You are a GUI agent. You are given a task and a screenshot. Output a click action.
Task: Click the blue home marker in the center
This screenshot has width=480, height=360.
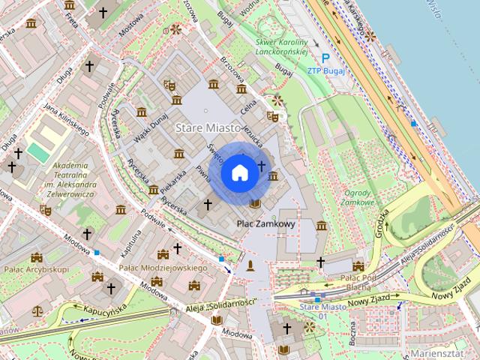click(239, 173)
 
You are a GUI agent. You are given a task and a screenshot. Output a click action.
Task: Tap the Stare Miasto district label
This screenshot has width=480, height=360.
click(208, 128)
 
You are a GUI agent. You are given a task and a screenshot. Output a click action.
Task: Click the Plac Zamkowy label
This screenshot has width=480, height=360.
click(265, 223)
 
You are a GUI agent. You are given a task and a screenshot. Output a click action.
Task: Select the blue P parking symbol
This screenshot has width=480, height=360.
click(325, 58)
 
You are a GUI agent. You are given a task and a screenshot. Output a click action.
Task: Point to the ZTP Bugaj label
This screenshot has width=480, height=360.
click(325, 71)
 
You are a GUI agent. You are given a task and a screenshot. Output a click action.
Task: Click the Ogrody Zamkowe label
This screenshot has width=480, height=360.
click(358, 196)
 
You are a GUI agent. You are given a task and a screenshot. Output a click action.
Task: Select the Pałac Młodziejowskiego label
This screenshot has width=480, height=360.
click(163, 268)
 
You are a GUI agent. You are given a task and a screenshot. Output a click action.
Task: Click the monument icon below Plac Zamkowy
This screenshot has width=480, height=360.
click(250, 265)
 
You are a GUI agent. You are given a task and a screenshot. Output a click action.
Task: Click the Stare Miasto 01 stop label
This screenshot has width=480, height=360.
click(322, 310)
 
